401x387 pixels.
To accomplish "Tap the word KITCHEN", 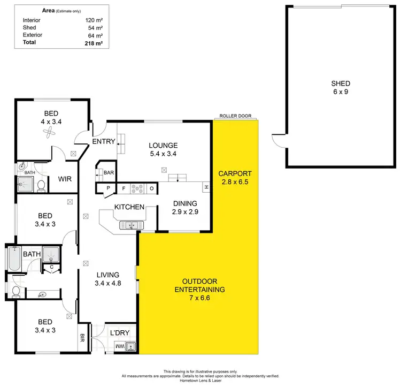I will tap(129, 207).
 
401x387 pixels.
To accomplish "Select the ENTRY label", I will tap(104, 142).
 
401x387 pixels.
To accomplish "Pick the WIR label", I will tap(65, 179).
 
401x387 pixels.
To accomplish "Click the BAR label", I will tap(109, 173).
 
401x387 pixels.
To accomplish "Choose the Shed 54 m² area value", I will tap(94, 27).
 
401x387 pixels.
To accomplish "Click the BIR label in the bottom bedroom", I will tap(83, 338).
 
